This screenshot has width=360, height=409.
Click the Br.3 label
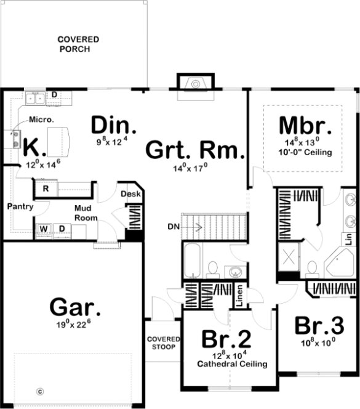pos(318,325)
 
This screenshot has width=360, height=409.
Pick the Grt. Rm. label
pos(195,150)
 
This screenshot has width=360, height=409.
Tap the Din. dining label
pos(114,125)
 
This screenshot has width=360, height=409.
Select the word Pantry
pos(20,206)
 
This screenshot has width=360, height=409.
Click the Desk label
pos(130,195)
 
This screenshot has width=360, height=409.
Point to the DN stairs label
pos(174,227)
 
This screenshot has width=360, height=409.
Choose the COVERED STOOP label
pos(164,343)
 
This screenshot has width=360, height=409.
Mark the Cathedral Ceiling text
pos(232,364)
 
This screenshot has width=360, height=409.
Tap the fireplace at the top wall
pos(194,84)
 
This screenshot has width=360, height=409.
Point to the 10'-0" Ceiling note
pos(306,152)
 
